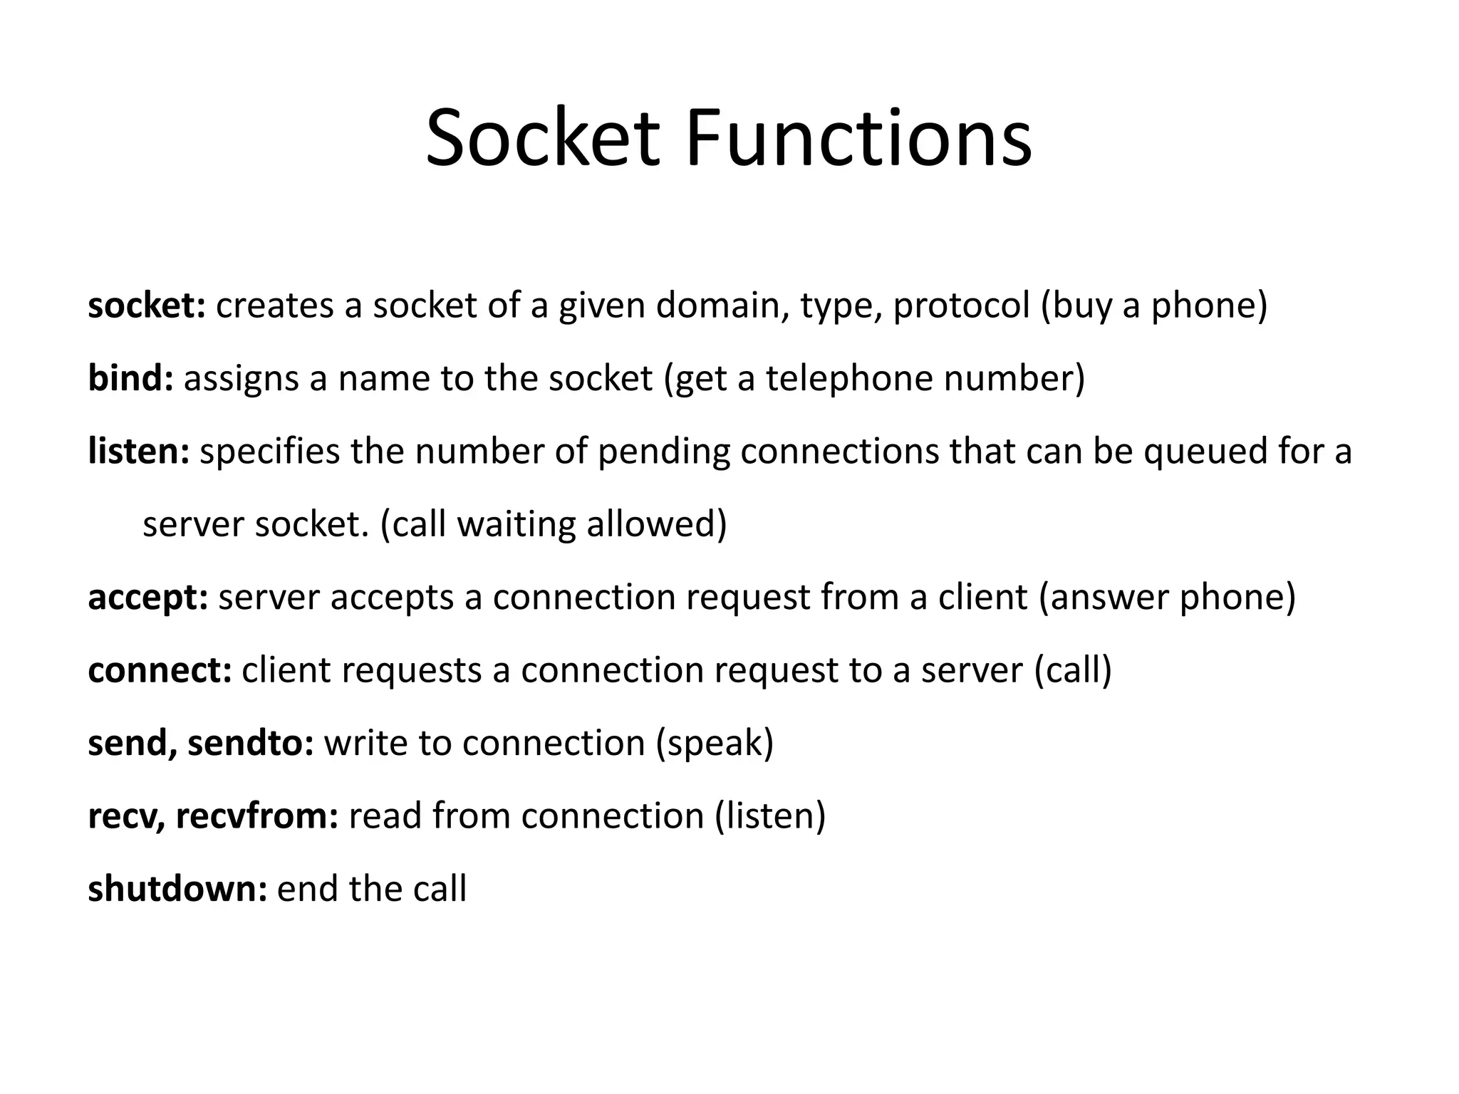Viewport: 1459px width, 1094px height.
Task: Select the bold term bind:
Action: coord(130,378)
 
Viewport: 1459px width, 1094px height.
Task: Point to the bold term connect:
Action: coord(160,670)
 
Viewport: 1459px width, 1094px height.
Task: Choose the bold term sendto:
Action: coord(251,743)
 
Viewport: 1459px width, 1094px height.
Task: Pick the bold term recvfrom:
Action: coord(257,816)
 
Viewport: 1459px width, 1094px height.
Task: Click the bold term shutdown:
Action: coord(177,889)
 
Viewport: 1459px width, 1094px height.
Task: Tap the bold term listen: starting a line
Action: coord(139,452)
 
